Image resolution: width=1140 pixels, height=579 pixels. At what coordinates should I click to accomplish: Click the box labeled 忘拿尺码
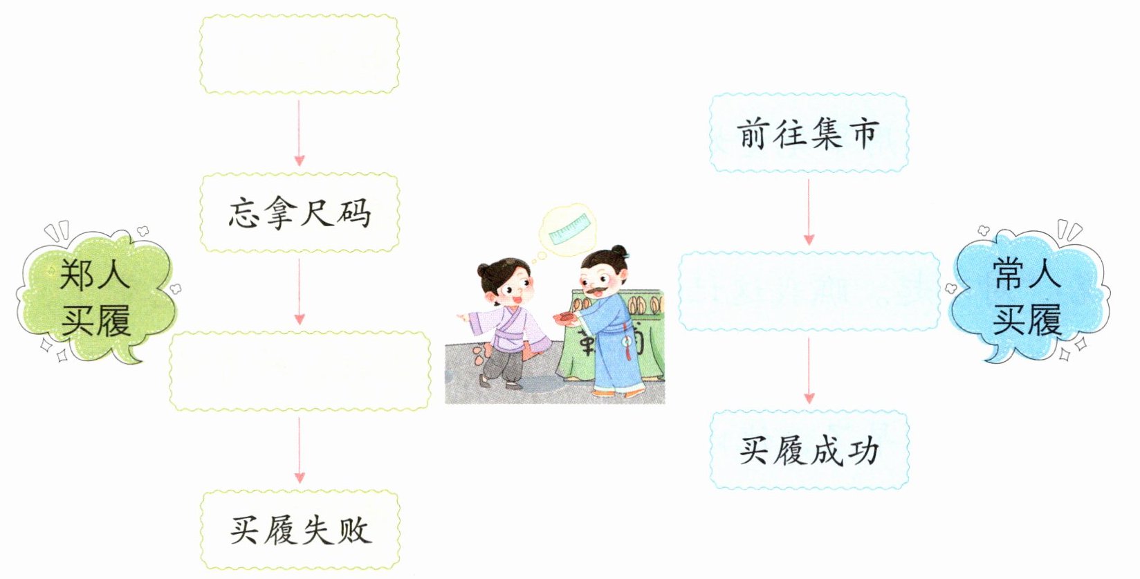tap(300, 212)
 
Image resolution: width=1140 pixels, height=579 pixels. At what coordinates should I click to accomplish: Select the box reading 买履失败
tap(300, 531)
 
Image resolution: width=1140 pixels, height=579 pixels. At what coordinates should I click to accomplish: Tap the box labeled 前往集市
tap(809, 133)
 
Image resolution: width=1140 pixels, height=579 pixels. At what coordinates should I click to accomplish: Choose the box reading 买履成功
tap(809, 450)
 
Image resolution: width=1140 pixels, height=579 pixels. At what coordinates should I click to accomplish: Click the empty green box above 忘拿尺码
tap(300, 54)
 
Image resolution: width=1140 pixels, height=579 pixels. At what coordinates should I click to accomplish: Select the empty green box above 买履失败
tap(300, 371)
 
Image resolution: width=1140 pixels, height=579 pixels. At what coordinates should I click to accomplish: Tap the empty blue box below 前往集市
tap(809, 291)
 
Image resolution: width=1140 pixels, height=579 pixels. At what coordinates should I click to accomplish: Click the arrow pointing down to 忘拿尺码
tap(300, 132)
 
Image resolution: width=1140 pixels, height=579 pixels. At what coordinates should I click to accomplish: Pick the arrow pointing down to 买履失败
tap(300, 450)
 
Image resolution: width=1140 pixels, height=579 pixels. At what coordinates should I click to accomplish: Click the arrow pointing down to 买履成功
tap(809, 371)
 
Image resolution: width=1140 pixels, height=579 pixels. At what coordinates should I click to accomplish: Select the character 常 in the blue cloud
tap(1009, 274)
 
